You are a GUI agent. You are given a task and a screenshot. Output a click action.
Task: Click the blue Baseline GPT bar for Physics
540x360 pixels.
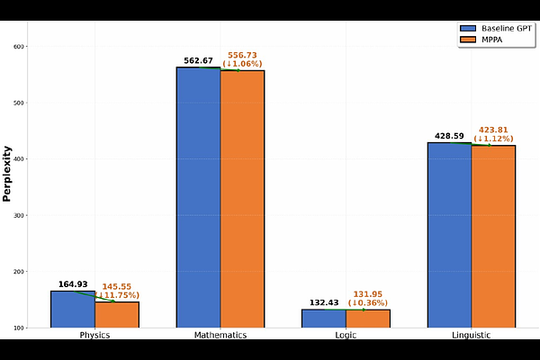(x=73, y=309)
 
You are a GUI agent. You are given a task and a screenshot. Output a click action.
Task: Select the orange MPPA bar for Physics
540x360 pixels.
(x=117, y=314)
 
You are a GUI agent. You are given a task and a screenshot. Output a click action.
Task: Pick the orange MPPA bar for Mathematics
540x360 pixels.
(x=242, y=198)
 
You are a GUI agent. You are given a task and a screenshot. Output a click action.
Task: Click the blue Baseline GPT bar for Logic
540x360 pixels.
(x=324, y=318)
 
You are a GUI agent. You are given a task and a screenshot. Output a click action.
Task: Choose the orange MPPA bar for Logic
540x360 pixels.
(x=367, y=318)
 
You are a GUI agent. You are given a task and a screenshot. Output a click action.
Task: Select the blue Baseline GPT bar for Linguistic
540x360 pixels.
(x=449, y=234)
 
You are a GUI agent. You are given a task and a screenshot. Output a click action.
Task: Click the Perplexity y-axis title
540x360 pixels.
(x=7, y=174)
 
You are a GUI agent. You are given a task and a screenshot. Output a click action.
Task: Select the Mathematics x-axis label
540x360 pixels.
(x=220, y=335)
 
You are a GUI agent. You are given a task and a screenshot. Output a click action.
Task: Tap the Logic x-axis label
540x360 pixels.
(x=346, y=335)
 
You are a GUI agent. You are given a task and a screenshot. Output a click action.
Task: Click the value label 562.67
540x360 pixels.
(x=198, y=61)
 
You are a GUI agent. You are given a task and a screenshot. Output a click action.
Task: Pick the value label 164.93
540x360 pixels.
(x=74, y=284)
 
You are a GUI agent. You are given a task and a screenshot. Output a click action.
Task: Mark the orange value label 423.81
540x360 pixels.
(x=493, y=129)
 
